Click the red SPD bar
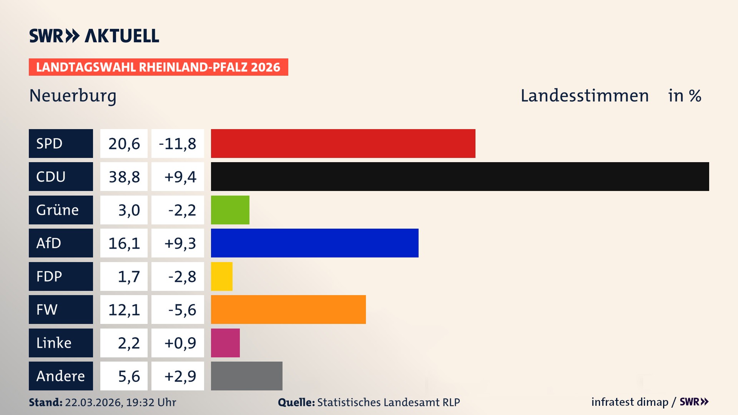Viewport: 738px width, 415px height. [x=343, y=143]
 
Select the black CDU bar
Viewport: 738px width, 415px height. [x=460, y=176]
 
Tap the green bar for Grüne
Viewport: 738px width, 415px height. [x=230, y=210]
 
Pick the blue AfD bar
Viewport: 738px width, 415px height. [x=314, y=243]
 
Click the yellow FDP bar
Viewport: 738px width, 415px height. [x=221, y=276]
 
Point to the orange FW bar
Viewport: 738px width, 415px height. [x=288, y=309]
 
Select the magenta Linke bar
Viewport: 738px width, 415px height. [x=225, y=343]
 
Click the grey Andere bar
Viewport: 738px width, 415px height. [x=246, y=376]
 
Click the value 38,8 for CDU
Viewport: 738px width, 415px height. [x=124, y=177]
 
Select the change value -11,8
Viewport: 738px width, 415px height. [x=178, y=144]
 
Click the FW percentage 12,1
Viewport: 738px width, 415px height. [x=124, y=310]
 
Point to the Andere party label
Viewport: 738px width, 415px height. [x=61, y=376]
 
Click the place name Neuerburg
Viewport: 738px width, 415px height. [x=73, y=96]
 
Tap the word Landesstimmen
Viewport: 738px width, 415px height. [x=584, y=96]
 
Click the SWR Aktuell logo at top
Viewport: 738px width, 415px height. [x=94, y=36]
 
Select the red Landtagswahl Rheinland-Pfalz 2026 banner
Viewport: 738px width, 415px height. [x=158, y=67]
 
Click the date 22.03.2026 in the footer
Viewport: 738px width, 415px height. [x=93, y=402]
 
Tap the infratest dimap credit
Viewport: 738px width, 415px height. [x=629, y=402]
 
